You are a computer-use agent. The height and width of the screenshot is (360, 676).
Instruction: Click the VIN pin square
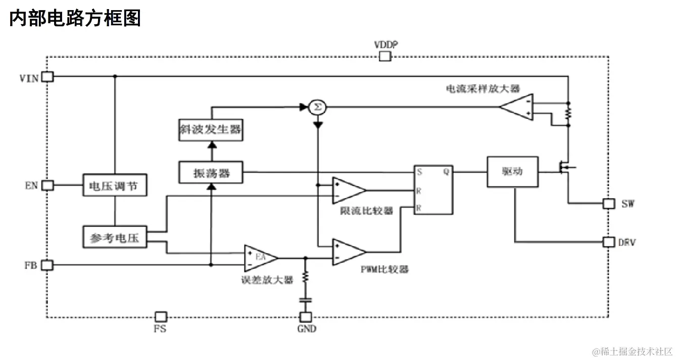pyautogui.click(x=47, y=76)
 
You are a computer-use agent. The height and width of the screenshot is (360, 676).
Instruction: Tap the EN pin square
pyautogui.click(x=47, y=185)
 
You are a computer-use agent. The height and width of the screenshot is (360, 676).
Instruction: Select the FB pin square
pyautogui.click(x=47, y=265)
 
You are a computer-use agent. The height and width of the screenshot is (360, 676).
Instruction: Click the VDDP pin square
pyautogui.click(x=385, y=56)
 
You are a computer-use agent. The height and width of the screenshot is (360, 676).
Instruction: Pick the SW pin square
pyautogui.click(x=608, y=203)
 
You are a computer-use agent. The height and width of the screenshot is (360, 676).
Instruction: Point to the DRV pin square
pyautogui.click(x=608, y=242)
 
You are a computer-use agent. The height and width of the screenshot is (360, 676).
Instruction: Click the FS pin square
pyautogui.click(x=160, y=317)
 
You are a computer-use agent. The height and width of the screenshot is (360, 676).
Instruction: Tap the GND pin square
pyautogui.click(x=306, y=317)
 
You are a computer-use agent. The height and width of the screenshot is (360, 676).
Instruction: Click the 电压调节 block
pyautogui.click(x=115, y=185)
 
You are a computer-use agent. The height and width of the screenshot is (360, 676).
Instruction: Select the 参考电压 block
pyautogui.click(x=115, y=237)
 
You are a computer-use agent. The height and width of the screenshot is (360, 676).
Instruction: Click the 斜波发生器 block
pyautogui.click(x=211, y=129)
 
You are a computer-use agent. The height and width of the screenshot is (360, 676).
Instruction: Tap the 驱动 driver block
pyautogui.click(x=512, y=172)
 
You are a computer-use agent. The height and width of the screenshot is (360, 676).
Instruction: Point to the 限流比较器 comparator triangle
pyautogui.click(x=348, y=190)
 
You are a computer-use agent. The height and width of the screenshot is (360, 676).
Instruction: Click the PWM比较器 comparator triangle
pyautogui.click(x=348, y=251)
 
